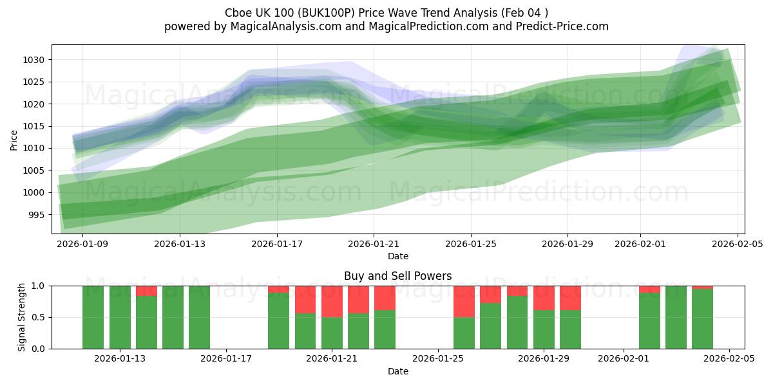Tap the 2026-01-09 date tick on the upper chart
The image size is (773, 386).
tap(82, 244)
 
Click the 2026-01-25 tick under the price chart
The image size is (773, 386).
tap(470, 244)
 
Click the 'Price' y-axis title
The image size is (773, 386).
tap(14, 139)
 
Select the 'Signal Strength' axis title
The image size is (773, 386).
tap(21, 317)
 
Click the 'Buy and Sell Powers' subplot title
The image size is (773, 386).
tap(397, 276)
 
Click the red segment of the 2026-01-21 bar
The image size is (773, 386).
tap(332, 301)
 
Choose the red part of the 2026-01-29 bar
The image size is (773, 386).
tap(544, 297)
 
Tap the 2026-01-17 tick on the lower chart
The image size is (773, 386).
tap(226, 358)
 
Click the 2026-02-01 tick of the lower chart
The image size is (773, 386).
tap(624, 358)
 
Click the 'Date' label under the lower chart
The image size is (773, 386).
tap(397, 371)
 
